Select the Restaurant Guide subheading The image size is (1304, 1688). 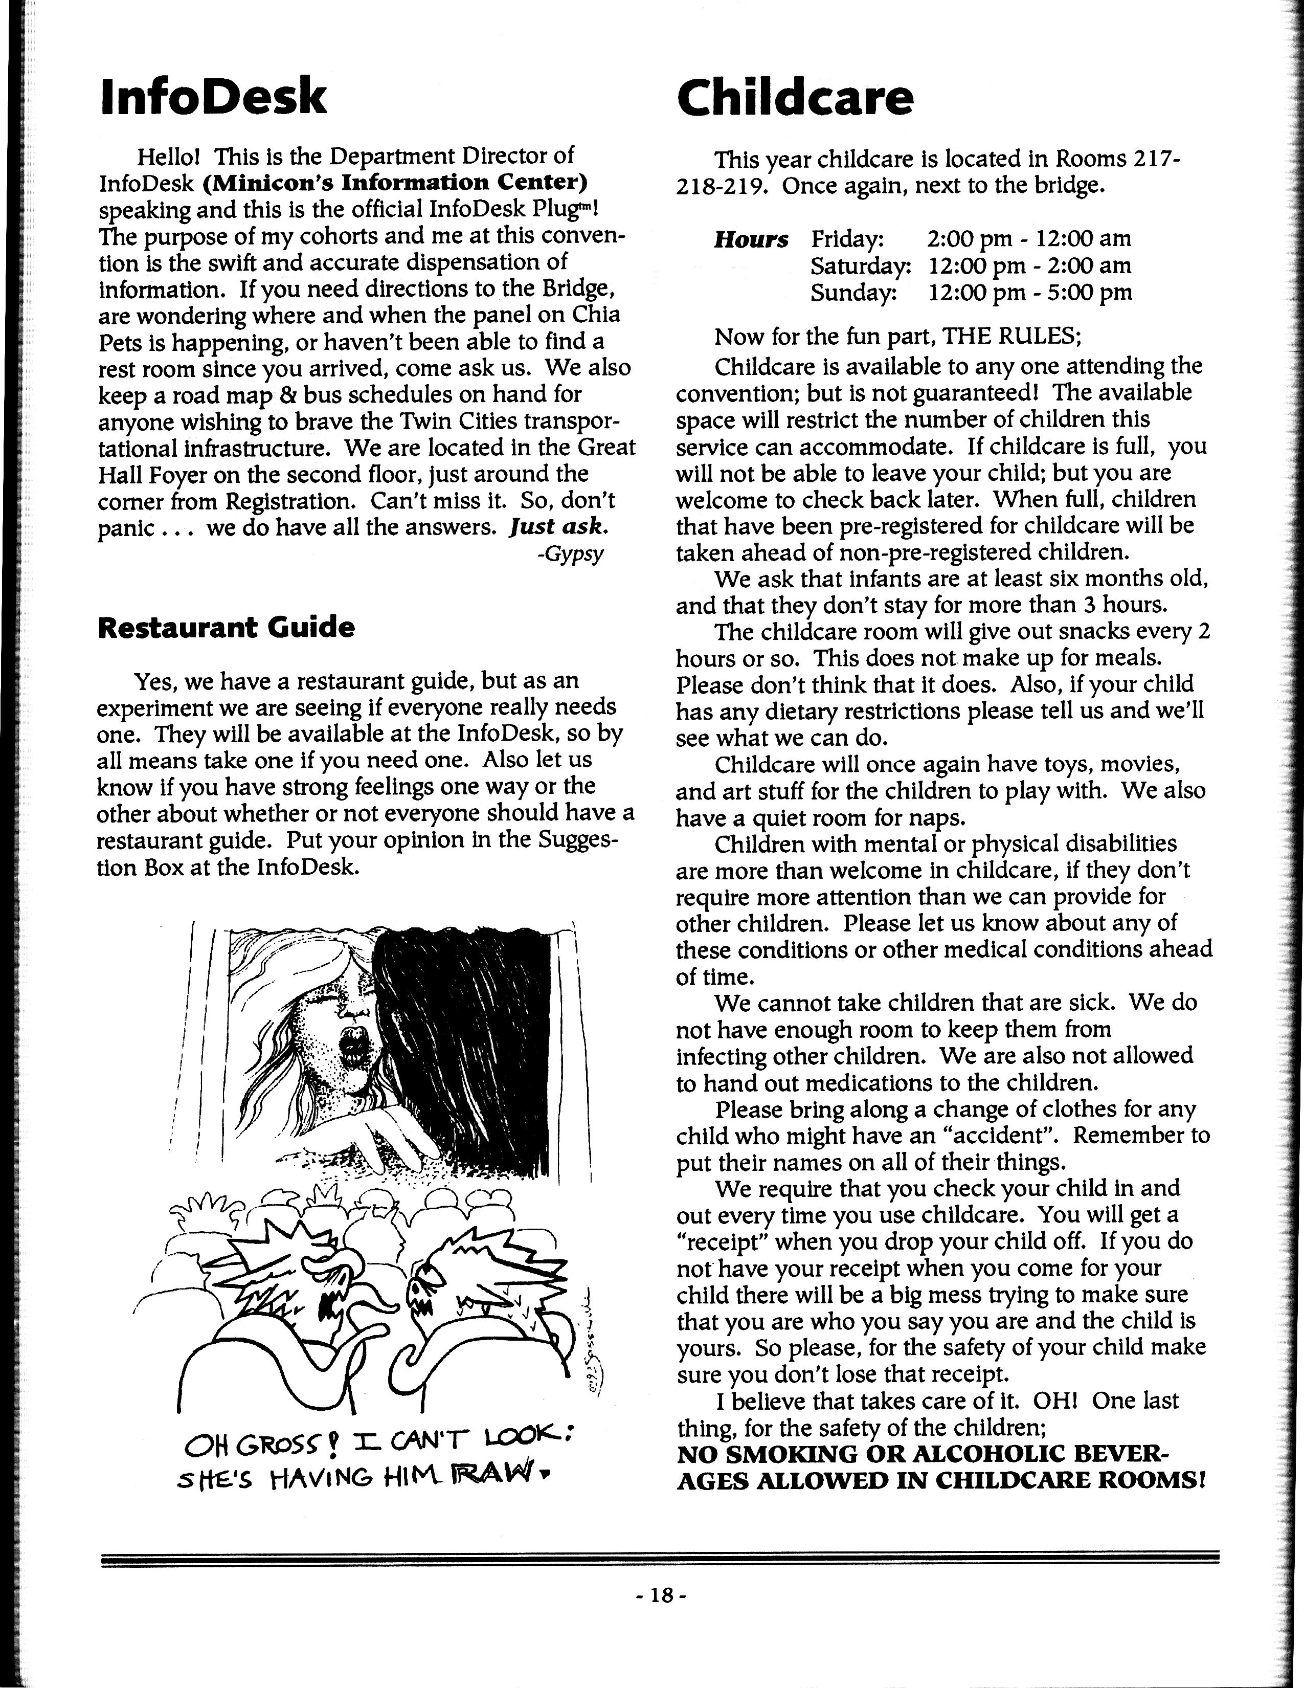227,627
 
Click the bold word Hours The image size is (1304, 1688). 751,239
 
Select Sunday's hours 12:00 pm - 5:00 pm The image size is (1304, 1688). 1030,292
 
